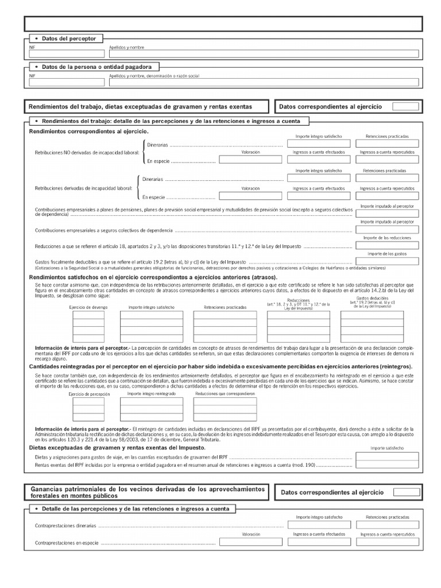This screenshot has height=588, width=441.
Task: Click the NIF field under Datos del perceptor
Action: pos(67,53)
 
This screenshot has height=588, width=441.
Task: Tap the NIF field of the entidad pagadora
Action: pos(67,82)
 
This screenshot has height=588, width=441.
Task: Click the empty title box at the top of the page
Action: pos(223,24)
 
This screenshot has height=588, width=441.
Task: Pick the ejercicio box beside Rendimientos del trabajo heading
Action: pos(405,106)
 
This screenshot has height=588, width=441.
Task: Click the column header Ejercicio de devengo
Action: pos(88,307)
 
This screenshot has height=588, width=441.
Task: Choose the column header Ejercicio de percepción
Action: pos(88,394)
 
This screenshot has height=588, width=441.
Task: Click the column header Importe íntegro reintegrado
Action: pos(152,394)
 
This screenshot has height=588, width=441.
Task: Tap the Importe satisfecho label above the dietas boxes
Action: pos(387,448)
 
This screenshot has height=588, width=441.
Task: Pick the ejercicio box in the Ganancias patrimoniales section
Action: pos(407,492)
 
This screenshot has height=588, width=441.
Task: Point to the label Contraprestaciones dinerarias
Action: pos(66,525)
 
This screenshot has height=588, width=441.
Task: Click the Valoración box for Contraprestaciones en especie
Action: pos(251,541)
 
